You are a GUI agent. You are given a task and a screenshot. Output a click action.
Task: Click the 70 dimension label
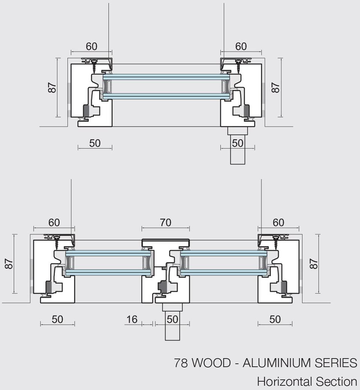coord(165,222)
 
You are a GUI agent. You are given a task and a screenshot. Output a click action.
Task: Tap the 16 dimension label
coord(132,319)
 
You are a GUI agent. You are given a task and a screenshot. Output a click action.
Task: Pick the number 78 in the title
coord(181,363)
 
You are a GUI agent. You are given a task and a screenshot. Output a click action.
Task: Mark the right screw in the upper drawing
coord(238,67)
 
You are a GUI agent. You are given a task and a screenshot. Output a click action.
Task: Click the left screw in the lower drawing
coord(57,243)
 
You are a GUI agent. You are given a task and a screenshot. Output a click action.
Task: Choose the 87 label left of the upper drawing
coord(52,88)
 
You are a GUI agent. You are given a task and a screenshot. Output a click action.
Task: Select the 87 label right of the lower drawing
coord(314,263)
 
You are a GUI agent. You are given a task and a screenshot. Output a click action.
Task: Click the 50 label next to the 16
coord(172,319)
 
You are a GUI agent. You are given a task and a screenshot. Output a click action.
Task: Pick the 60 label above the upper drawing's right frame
coord(241,46)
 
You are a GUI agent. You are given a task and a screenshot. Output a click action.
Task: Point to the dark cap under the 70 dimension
coord(165,240)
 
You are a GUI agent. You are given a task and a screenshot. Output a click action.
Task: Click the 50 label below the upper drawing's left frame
coord(95,143)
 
